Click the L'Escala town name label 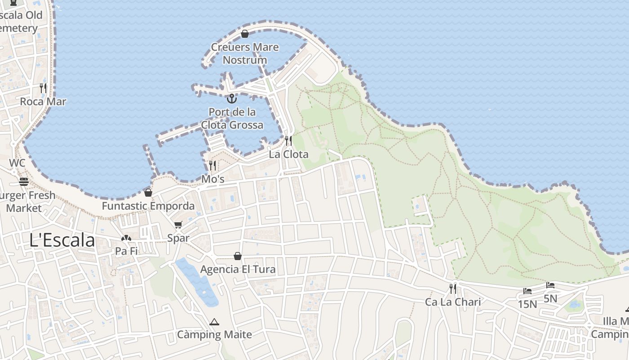(62, 240)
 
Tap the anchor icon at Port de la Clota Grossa (232, 98)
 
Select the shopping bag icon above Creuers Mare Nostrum (245, 34)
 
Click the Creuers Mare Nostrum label (245, 54)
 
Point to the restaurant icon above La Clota (288, 141)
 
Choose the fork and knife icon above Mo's (213, 166)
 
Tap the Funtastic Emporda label (148, 206)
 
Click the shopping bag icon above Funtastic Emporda (148, 193)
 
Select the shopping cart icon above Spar (178, 225)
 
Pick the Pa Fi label (126, 251)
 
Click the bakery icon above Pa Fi (126, 238)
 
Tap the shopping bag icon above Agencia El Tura (238, 256)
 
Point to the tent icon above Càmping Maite (214, 322)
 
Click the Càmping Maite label (214, 335)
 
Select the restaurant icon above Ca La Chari (453, 288)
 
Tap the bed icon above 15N (527, 291)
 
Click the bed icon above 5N (550, 285)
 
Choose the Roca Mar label (43, 102)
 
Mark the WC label (17, 163)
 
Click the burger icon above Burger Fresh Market (23, 182)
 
